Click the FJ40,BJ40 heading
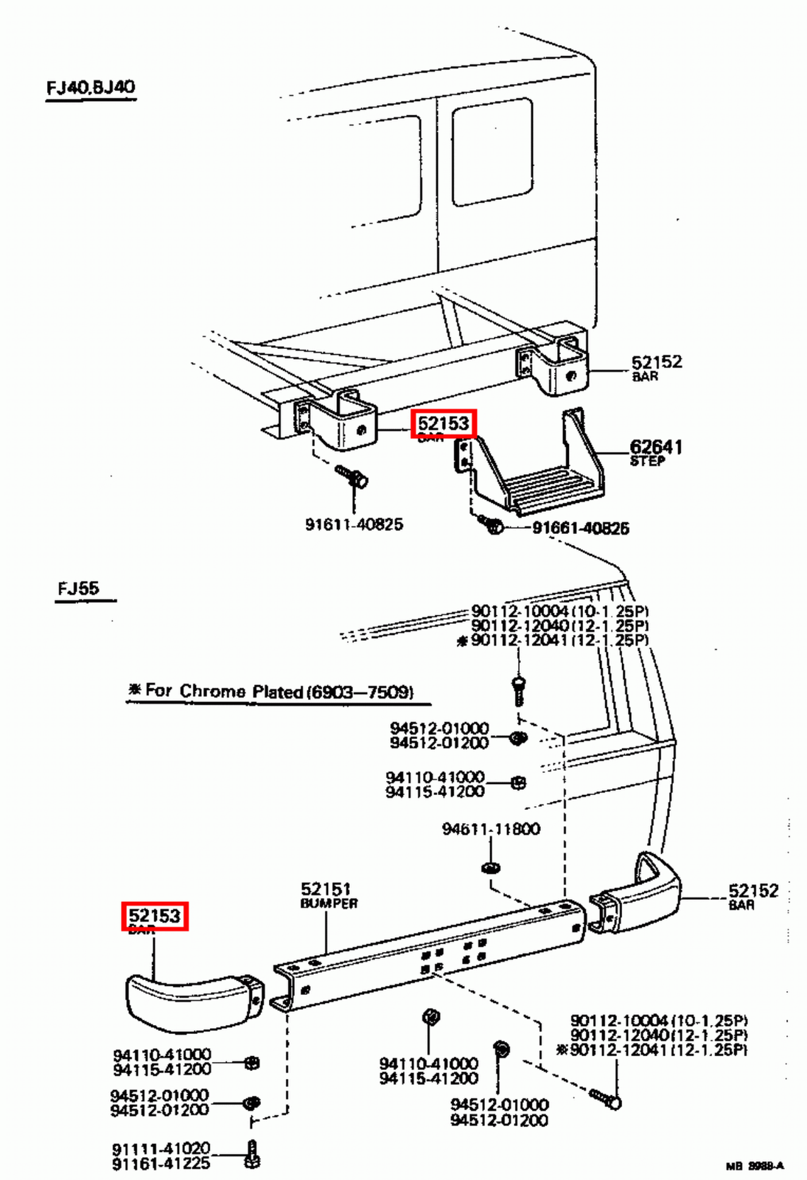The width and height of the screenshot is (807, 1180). click(x=91, y=87)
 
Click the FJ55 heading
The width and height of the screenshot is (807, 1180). click(x=78, y=589)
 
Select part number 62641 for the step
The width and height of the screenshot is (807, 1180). click(x=655, y=446)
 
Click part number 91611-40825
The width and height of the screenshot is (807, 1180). click(x=354, y=524)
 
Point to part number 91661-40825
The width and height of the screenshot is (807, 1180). click(x=581, y=528)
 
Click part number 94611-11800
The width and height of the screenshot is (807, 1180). click(x=491, y=829)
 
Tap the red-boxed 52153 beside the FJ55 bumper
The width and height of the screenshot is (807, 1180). click(x=155, y=916)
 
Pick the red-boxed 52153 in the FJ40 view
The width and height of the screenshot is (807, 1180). click(x=444, y=423)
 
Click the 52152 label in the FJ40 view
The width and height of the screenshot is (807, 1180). click(x=656, y=362)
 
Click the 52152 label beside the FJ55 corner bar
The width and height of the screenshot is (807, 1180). click(x=753, y=891)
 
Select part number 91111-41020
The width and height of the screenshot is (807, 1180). click(x=161, y=1149)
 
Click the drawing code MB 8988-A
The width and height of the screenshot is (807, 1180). click(x=755, y=1166)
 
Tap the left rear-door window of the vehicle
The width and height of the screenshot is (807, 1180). click(x=376, y=173)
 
